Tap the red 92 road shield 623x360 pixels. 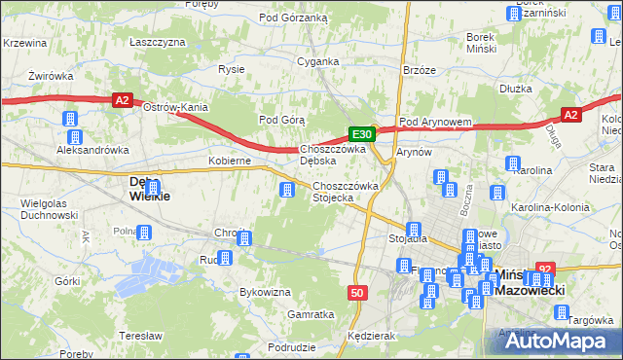[546, 270]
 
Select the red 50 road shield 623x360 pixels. [357, 292]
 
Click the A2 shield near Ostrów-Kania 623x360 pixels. [121, 99]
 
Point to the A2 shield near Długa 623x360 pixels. [571, 115]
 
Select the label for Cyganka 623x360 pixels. [318, 61]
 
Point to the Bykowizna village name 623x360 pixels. [266, 291]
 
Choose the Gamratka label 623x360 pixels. [311, 315]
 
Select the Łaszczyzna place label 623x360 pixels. [158, 43]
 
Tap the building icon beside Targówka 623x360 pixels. [562, 312]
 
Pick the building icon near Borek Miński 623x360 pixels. [514, 13]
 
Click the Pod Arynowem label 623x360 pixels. [436, 122]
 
